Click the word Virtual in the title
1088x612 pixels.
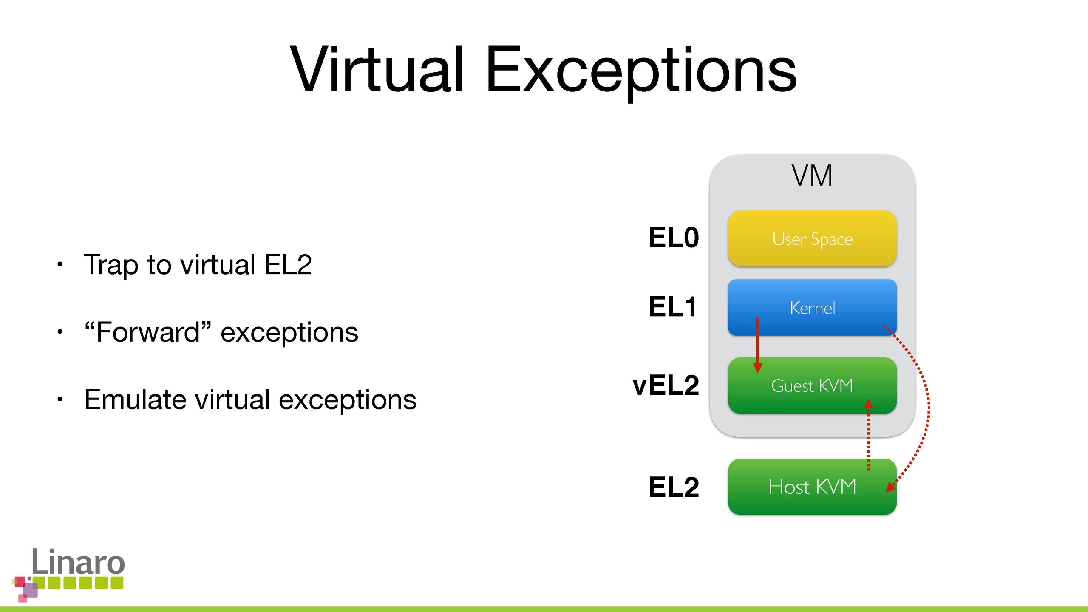[377, 69]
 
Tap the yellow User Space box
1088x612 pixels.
[812, 238]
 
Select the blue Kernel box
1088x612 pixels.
[812, 307]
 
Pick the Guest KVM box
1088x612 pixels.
[812, 385]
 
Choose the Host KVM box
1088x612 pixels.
[812, 487]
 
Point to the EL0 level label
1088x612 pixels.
[674, 237]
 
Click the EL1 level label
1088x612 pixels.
[673, 307]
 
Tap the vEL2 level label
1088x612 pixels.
[666, 385]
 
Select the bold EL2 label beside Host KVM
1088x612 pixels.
[674, 487]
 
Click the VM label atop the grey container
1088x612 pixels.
[812, 176]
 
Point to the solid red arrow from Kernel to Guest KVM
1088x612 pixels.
[757, 345]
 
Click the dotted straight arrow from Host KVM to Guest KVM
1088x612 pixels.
[869, 434]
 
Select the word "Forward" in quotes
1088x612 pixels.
[147, 332]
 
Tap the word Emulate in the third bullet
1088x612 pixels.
[135, 399]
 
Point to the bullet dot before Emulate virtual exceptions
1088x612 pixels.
[60, 399]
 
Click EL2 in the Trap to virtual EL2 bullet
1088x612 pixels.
[288, 264]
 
